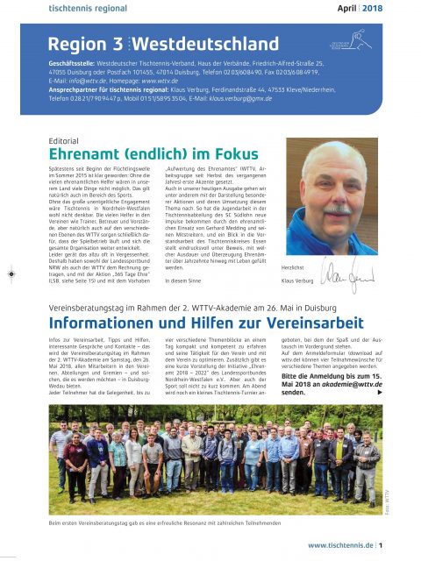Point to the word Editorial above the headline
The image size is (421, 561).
coord(67,140)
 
